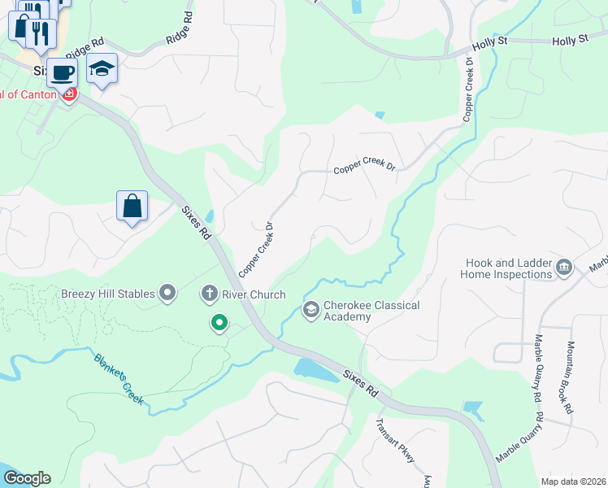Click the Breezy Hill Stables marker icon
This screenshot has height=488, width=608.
[x=168, y=293]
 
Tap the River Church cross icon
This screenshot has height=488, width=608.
[x=209, y=294]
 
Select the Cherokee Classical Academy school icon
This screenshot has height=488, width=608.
[x=311, y=309]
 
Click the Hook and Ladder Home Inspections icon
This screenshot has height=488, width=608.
[x=563, y=267]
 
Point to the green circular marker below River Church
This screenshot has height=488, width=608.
[x=219, y=324]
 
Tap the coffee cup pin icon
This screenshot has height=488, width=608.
[x=62, y=72]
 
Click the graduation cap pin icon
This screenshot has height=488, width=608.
[x=102, y=69]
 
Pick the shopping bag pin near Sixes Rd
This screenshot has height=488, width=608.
[x=132, y=206]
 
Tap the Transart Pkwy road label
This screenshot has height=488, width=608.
[x=395, y=440]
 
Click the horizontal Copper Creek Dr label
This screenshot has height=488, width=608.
[x=364, y=169]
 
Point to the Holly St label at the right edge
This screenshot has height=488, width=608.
[x=569, y=40]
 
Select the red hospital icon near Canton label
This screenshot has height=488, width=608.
[x=70, y=95]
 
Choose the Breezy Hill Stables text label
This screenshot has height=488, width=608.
[x=109, y=293]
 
